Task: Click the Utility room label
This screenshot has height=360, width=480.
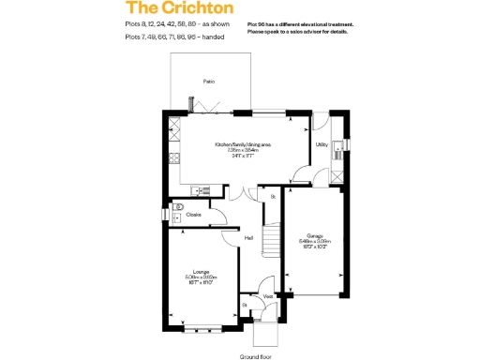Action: (322, 145)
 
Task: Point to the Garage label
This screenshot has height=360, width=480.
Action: (314, 235)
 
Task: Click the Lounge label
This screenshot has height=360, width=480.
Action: (201, 273)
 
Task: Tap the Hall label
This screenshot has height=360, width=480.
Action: (249, 238)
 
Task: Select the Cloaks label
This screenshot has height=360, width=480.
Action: (194, 215)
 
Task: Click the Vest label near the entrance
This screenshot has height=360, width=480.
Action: (267, 297)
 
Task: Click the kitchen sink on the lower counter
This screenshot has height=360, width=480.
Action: (198, 191)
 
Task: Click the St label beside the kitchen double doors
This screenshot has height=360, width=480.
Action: (272, 197)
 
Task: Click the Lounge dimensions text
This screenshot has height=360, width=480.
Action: (201, 280)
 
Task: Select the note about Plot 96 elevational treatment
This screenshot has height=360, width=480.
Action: (304, 27)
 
